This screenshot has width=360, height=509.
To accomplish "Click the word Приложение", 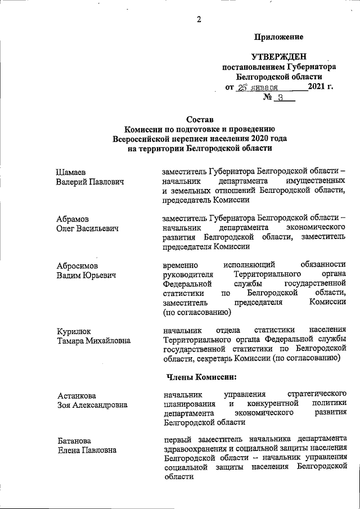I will point(279,37).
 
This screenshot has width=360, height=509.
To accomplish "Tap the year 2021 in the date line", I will point(317,87).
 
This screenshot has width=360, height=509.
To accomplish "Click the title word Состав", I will point(201,119).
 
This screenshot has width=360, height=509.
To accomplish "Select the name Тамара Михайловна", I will point(93,340).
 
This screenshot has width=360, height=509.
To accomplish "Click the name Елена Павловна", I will point(87,450).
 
